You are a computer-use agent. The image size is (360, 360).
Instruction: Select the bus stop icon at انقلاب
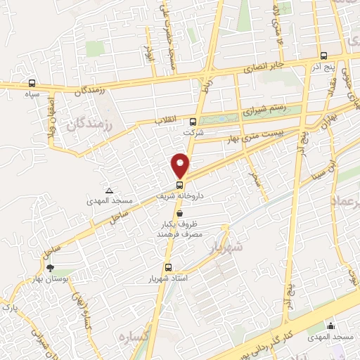pyautogui.click(x=194, y=120)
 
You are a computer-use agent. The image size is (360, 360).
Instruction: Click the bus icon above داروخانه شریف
pyautogui.click(x=179, y=184)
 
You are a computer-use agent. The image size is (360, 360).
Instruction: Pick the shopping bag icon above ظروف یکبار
pyautogui.click(x=180, y=212)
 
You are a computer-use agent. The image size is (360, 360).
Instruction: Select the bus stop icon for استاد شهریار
pyautogui.click(x=168, y=267)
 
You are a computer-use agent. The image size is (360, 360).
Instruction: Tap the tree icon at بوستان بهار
pyautogui.click(x=49, y=267)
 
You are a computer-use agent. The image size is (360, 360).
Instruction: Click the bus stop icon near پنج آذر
pyautogui.click(x=323, y=56)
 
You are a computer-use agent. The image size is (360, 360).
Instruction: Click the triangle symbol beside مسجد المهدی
pyautogui.click(x=109, y=190)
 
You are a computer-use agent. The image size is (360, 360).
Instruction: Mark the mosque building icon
pyautogui.click(x=330, y=325)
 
